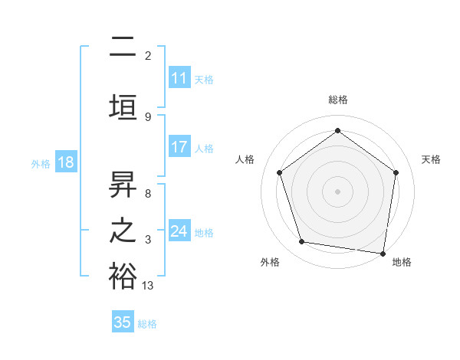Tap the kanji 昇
[123, 184]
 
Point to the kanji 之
[123, 231]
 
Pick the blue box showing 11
[179, 78]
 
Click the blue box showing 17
[179, 148]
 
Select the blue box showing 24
[179, 231]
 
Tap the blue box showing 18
[64, 162]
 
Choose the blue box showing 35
[123, 322]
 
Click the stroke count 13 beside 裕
[148, 285]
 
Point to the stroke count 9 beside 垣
[147, 116]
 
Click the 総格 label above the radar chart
[338, 100]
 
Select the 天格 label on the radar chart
[432, 159]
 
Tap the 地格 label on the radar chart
[402, 262]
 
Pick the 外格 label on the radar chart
[270, 262]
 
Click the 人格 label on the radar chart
[245, 159]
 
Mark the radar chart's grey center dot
[338, 191]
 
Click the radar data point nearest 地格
[383, 253]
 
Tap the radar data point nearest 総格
[338, 131]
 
